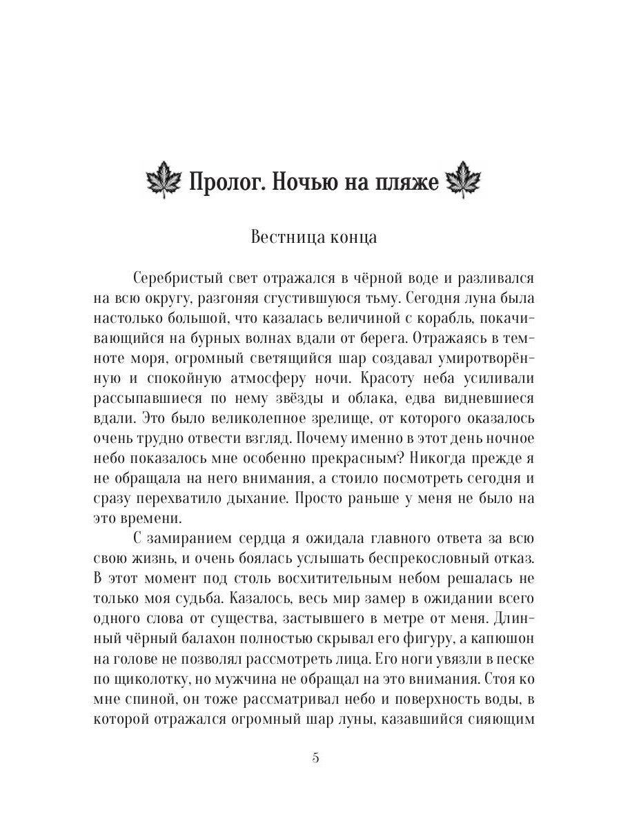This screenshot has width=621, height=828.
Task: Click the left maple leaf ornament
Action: click(164, 183)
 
